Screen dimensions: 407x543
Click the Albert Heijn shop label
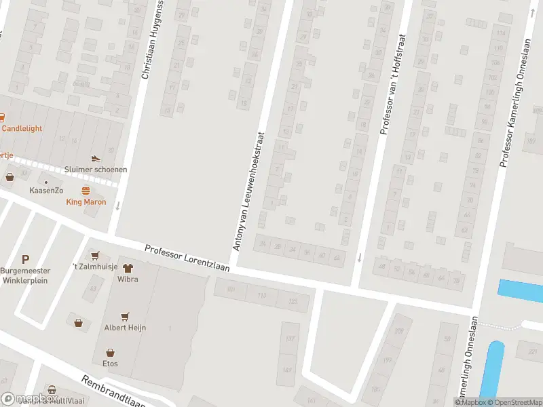tap(125, 328)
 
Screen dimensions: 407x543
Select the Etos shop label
tap(110, 364)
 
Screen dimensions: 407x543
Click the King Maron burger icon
tap(86, 190)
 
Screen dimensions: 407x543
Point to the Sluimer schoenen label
tap(96, 170)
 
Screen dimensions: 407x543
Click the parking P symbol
tap(26, 259)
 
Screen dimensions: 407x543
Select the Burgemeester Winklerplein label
tap(25, 275)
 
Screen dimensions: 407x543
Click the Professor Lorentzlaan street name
tap(187, 258)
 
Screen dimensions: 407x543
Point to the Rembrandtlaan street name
tap(114, 392)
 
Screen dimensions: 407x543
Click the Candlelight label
tap(22, 128)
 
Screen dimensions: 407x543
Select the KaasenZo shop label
tap(46, 191)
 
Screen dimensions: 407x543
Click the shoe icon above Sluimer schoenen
tap(96, 159)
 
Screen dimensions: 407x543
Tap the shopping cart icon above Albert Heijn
tap(125, 317)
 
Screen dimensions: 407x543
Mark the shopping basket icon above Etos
tap(110, 353)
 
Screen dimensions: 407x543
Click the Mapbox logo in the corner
tap(27, 399)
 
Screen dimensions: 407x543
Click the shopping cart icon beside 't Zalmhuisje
tap(96, 255)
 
